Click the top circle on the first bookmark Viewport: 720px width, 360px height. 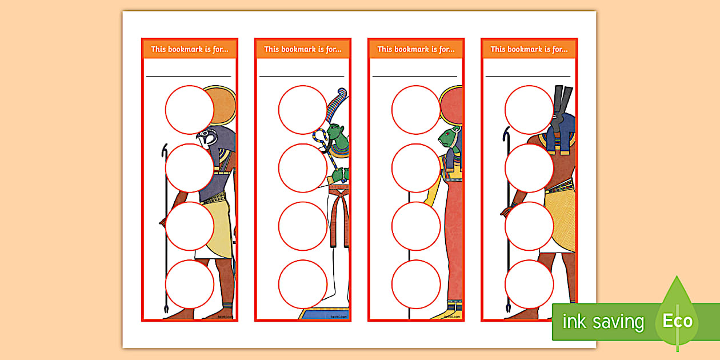coord(189,110)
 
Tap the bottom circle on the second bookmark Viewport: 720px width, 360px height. coord(302,284)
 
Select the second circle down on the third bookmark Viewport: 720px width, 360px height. coord(415,168)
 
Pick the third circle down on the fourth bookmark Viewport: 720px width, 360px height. coord(529,226)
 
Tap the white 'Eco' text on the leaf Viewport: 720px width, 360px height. coord(678,321)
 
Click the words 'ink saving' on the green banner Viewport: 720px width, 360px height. coord(603,322)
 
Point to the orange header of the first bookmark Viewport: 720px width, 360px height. coord(189,49)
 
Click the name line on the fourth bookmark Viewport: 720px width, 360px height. coord(528,75)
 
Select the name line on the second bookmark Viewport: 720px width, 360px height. coord(302,75)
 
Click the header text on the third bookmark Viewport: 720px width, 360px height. coord(415,49)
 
